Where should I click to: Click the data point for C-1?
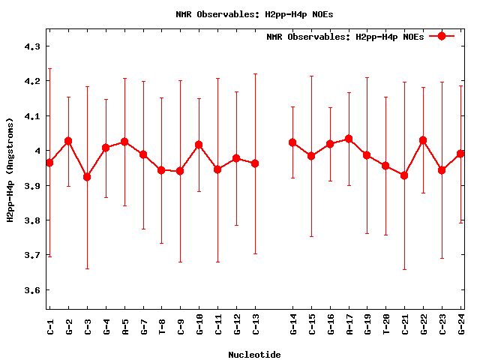(49, 163)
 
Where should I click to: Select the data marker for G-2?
(68, 141)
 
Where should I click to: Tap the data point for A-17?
(349, 139)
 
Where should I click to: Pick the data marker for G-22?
(423, 140)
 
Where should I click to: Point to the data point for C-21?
(404, 175)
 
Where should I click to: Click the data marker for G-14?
(292, 142)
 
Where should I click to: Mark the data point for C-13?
(255, 163)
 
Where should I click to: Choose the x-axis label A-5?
(125, 325)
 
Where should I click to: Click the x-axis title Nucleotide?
(254, 355)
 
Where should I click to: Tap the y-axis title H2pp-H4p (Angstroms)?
(10, 169)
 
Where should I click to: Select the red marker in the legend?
(442, 36)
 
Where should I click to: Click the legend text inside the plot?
(345, 37)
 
